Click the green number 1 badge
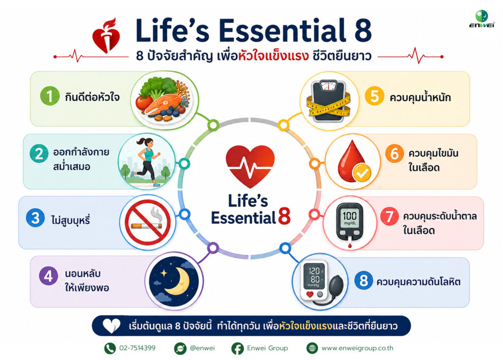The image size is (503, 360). (x=50, y=96)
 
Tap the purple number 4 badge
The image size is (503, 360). (x=49, y=276)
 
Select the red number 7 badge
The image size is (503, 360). (x=390, y=216)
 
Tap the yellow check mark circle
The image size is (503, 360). (x=362, y=173)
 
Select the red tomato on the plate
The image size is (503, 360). (x=144, y=102)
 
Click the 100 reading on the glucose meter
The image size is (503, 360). (x=349, y=215)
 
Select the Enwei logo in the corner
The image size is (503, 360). (x=482, y=19)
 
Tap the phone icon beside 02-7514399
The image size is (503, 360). (x=110, y=348)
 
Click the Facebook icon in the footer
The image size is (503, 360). (x=237, y=348)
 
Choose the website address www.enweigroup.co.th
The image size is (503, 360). (x=358, y=348)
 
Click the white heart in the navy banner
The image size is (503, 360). (x=112, y=326)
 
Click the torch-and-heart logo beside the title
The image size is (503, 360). (x=106, y=35)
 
